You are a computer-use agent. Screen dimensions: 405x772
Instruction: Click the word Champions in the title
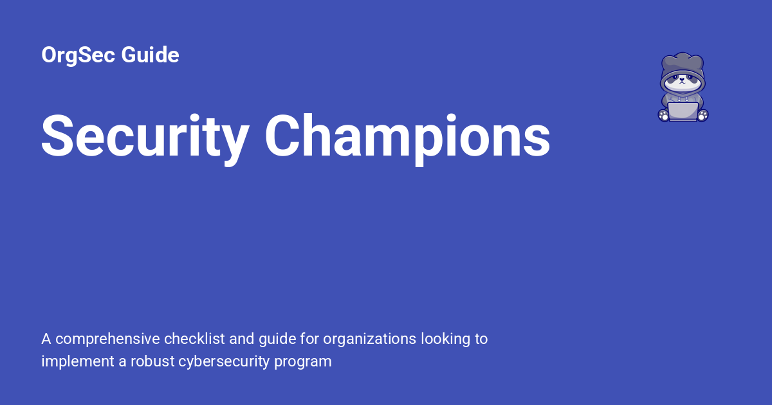coord(407,136)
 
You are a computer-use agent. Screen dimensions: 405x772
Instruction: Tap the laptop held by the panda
coord(683,111)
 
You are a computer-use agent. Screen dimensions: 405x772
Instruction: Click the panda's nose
coord(683,83)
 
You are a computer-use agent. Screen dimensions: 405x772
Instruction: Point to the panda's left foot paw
coord(703,115)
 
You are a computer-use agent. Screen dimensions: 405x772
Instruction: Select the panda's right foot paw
coord(663,115)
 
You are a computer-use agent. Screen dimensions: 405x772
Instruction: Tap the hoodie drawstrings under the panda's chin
coord(683,96)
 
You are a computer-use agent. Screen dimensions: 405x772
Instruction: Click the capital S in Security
coord(59,136)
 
